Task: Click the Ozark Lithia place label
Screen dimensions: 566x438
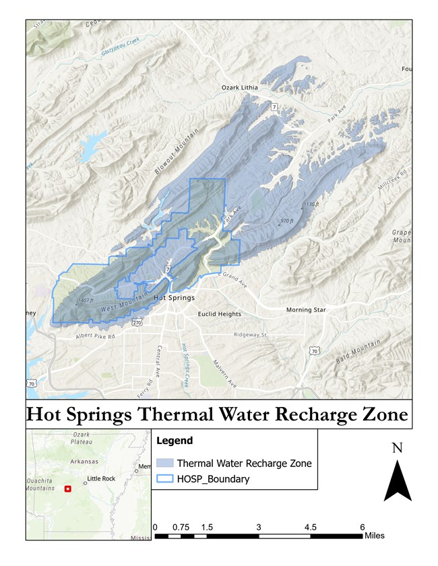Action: (245, 88)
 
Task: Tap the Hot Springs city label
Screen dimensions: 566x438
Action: (174, 297)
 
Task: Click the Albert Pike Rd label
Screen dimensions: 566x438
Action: (86, 336)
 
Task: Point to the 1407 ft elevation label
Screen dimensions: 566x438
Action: (86, 300)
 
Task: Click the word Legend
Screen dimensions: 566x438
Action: (175, 441)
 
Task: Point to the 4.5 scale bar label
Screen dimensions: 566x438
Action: (310, 527)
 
